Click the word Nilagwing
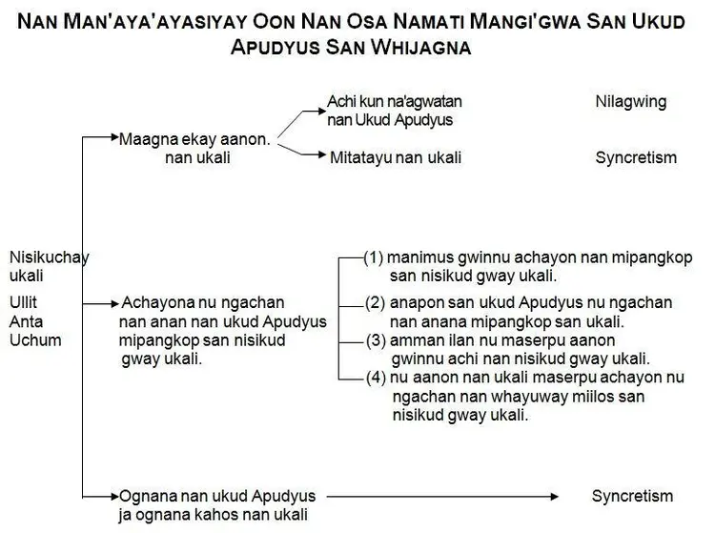click(x=630, y=101)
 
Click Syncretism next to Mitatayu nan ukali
click(x=636, y=158)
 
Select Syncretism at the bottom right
click(x=632, y=497)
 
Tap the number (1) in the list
click(x=375, y=257)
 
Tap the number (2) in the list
click(x=375, y=303)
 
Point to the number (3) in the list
click(x=378, y=340)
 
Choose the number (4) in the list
click(x=378, y=378)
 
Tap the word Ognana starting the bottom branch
click(x=146, y=497)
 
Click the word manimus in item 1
click(x=419, y=257)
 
